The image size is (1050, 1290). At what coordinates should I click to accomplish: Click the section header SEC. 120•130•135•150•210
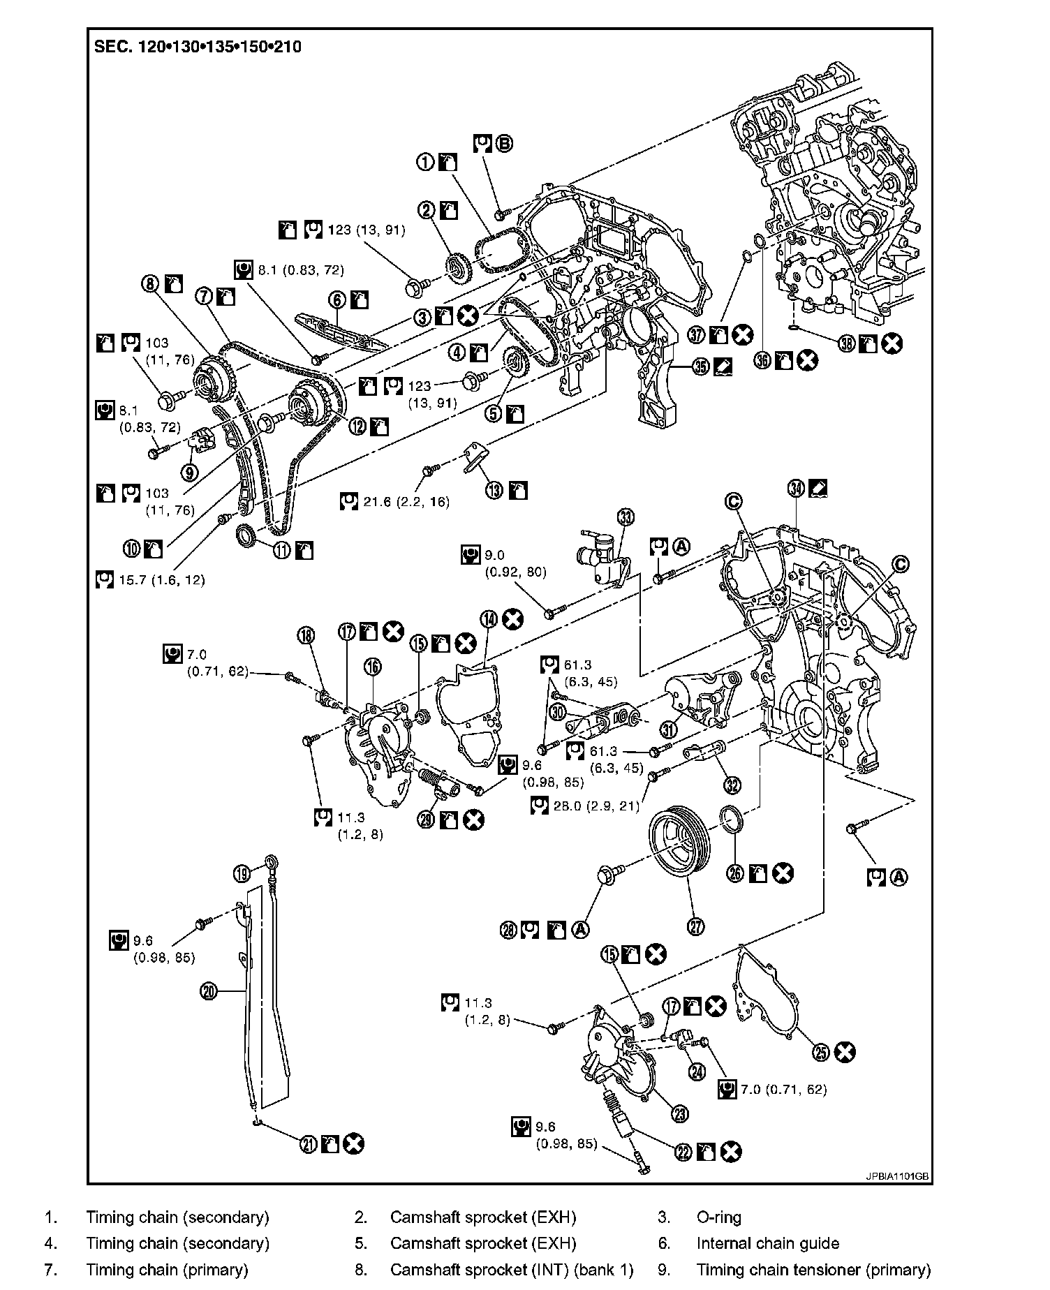[x=198, y=47]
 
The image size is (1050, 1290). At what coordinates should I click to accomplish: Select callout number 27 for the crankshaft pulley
[x=696, y=926]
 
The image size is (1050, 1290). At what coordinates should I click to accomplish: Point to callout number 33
[x=626, y=517]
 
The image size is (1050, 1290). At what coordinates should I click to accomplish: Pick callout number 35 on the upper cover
[x=701, y=365]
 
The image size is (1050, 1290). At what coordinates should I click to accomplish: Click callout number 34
[x=797, y=488]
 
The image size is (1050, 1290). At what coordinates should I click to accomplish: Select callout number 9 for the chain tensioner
[x=189, y=473]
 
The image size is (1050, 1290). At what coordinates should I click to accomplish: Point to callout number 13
[x=494, y=491]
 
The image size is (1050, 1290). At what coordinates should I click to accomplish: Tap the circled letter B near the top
[x=504, y=144]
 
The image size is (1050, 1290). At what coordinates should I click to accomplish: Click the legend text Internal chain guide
[x=767, y=1243]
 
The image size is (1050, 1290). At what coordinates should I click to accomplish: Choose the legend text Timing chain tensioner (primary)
[x=813, y=1269]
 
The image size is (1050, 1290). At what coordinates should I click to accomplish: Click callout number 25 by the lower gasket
[x=822, y=1052]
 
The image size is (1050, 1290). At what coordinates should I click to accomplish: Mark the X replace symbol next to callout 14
[x=513, y=618]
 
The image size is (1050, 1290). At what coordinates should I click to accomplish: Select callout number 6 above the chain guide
[x=338, y=300]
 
